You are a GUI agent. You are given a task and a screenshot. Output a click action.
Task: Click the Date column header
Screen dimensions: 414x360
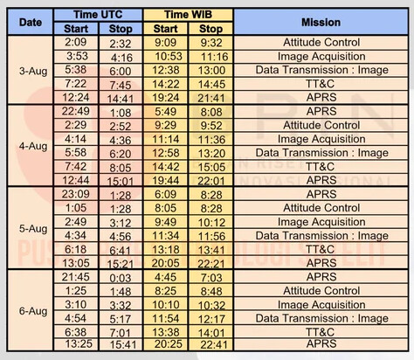pyautogui.click(x=31, y=22)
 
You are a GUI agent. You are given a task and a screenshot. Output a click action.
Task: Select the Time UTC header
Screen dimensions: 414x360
pyautogui.click(x=98, y=15)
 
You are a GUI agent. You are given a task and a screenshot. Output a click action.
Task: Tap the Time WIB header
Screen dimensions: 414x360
pyautogui.click(x=188, y=15)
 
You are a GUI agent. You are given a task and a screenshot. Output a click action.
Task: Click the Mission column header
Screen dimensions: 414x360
pyautogui.click(x=321, y=22)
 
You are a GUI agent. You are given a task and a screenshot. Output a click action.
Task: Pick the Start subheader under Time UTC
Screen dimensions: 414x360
pyautogui.click(x=76, y=29)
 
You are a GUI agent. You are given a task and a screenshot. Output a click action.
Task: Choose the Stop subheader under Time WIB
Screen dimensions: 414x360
pyautogui.click(x=210, y=29)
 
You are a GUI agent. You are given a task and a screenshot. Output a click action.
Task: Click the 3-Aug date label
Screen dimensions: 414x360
pyautogui.click(x=33, y=71)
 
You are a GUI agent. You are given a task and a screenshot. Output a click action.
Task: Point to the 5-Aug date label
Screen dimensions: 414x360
pyautogui.click(x=33, y=229)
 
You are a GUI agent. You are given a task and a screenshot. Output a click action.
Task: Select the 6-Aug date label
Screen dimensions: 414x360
pyautogui.click(x=33, y=311)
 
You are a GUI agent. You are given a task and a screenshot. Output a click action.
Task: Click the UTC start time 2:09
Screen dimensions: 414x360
pyautogui.click(x=76, y=42)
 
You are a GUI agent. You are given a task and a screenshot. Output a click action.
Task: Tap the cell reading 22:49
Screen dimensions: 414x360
pyautogui.click(x=76, y=111)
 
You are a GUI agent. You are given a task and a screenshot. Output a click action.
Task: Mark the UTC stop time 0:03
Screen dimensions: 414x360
pyautogui.click(x=121, y=278)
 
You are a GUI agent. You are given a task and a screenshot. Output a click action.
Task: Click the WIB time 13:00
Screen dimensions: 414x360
pyautogui.click(x=211, y=71)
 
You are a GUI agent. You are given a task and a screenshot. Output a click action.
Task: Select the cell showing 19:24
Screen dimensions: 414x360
pyautogui.click(x=166, y=98)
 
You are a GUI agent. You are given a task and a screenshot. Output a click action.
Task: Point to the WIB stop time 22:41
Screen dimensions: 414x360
pyautogui.click(x=214, y=345)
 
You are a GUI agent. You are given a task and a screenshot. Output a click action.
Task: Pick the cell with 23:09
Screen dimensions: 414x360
pyautogui.click(x=76, y=194)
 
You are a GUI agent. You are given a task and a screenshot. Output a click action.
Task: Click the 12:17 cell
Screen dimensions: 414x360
pyautogui.click(x=211, y=319)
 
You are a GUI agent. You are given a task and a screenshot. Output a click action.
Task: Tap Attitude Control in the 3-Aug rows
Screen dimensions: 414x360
pyautogui.click(x=321, y=43)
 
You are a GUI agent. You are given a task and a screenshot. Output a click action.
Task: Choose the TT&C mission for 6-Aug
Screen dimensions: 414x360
pyautogui.click(x=321, y=332)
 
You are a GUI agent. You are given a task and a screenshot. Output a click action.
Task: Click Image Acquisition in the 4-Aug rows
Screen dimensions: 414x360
pyautogui.click(x=321, y=139)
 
